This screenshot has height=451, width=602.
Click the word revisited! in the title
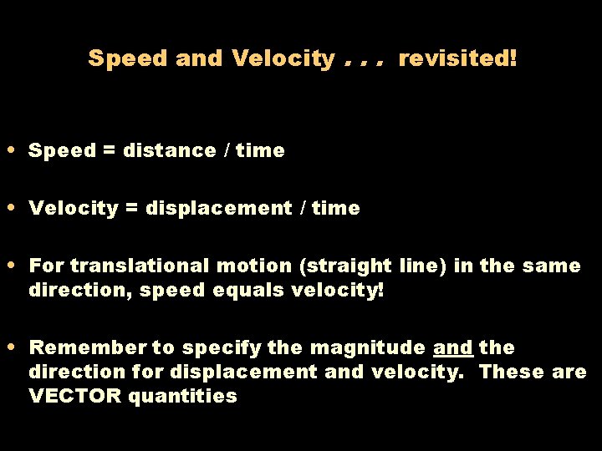(457, 58)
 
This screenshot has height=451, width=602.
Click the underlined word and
(453, 347)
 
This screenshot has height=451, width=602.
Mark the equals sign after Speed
(110, 151)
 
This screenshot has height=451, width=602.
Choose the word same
(552, 266)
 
